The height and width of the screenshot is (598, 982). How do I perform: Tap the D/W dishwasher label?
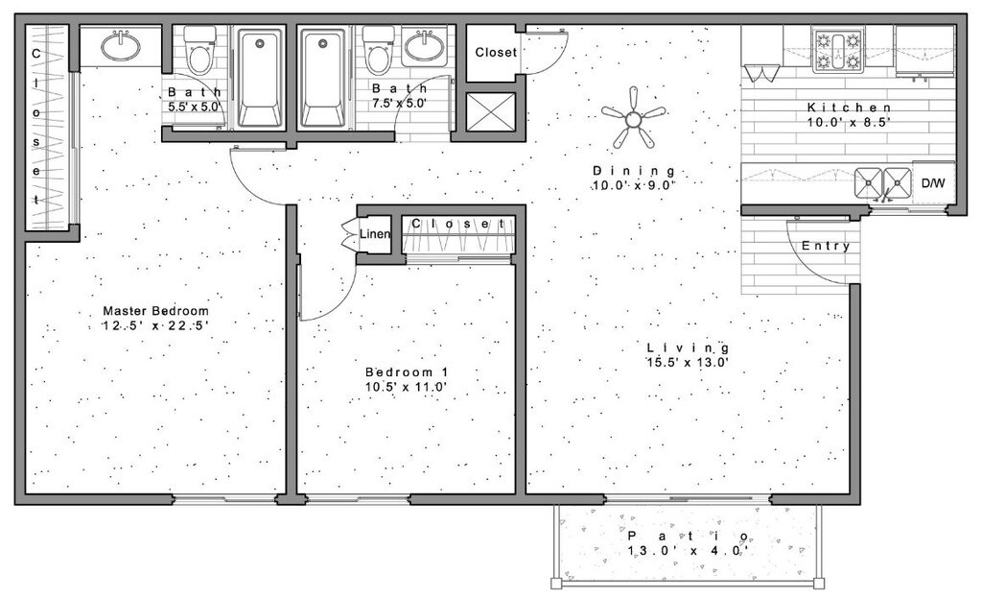point(933,182)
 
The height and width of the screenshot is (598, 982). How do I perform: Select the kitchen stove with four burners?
point(838,51)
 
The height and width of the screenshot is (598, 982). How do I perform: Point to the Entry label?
point(826,246)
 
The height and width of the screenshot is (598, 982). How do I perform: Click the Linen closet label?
point(373,234)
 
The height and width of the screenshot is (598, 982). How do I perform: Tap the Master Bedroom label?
point(155,311)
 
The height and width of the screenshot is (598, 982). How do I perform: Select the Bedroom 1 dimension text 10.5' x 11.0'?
point(407,387)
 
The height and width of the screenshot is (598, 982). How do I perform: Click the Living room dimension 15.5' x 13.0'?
point(688,363)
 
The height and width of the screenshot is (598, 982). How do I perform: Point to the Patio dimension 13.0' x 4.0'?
point(687,551)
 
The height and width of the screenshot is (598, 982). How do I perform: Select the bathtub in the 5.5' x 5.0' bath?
point(259,77)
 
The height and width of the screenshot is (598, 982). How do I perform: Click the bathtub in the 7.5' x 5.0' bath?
point(323,77)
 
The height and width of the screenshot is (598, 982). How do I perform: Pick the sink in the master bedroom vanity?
point(121,44)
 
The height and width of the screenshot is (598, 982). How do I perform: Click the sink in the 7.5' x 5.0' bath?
point(423,45)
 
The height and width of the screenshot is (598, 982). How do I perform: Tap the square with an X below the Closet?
point(490,111)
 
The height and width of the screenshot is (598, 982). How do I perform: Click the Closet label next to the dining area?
point(496,53)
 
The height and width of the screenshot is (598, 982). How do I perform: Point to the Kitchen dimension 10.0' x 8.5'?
point(850,123)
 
